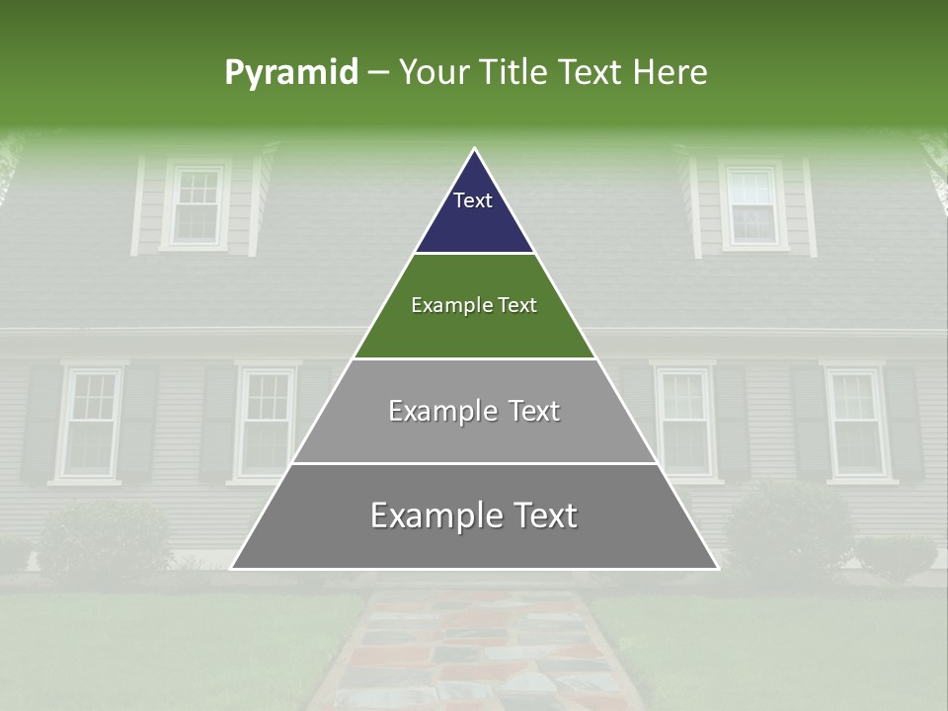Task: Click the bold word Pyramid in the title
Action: tap(291, 73)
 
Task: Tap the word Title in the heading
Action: tap(513, 73)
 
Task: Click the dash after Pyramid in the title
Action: tap(377, 73)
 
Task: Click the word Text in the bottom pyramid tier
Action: tap(542, 515)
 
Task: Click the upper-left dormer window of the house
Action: tap(195, 205)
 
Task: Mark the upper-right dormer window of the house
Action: tap(752, 205)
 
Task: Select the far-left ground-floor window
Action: tap(93, 423)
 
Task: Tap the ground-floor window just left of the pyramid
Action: tap(266, 423)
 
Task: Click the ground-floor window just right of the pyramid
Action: tap(683, 421)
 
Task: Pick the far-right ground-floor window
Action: tap(855, 423)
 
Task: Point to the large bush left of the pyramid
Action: tap(104, 538)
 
